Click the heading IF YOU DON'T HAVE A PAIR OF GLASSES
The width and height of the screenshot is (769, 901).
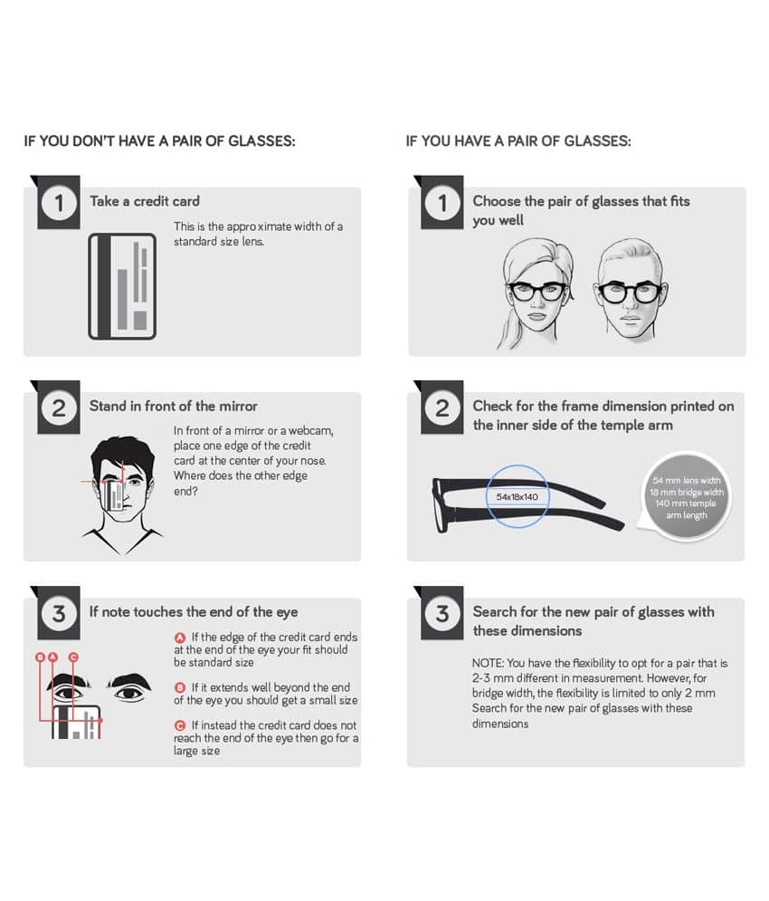click(159, 141)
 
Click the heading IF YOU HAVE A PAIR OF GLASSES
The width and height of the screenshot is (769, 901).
click(518, 141)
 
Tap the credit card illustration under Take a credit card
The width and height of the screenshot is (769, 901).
click(122, 286)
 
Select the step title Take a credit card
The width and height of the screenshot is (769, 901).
click(145, 201)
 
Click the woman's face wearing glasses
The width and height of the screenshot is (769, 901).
click(536, 293)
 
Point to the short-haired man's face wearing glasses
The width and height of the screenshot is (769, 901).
click(630, 291)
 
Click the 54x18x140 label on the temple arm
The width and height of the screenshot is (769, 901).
click(517, 497)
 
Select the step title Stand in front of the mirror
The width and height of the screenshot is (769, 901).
click(174, 407)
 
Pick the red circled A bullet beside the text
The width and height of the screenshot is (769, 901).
click(180, 637)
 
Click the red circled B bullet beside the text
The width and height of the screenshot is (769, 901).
click(180, 688)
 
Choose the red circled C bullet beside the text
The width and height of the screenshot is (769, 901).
click(180, 725)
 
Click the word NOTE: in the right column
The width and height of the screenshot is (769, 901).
click(488, 663)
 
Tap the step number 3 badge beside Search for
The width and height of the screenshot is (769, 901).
click(442, 614)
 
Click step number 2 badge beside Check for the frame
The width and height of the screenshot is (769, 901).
click(442, 408)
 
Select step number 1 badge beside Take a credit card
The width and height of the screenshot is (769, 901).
click(59, 203)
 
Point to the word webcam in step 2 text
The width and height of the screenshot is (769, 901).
click(310, 431)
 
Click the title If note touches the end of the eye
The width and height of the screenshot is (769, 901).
click(194, 612)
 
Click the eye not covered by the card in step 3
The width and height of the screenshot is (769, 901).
click(129, 694)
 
